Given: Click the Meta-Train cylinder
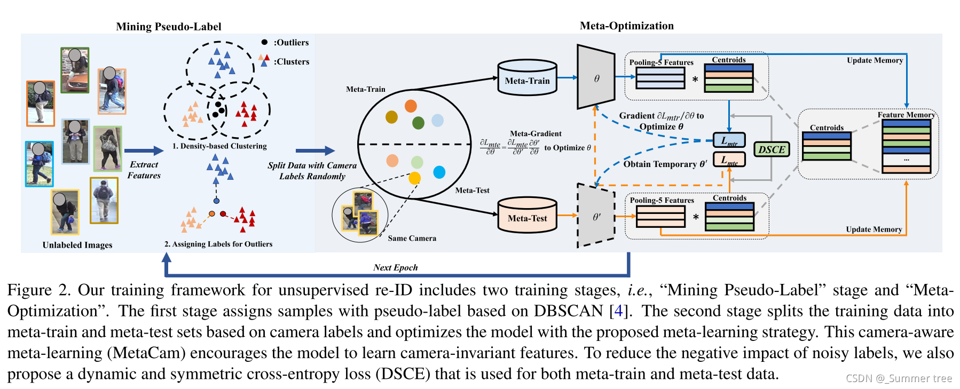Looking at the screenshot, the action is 527,78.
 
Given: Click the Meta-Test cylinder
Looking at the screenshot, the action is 527,216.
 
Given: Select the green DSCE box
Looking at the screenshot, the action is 772,149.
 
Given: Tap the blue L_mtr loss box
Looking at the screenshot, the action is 729,140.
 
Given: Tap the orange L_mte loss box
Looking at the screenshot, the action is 729,160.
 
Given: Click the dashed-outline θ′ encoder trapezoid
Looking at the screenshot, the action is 596,216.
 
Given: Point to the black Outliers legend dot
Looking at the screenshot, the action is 264,42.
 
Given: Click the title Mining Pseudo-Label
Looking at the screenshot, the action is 169,27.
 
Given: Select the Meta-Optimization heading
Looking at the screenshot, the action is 627,26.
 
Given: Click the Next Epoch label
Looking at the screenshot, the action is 395,267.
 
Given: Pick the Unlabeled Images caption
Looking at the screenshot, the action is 77,245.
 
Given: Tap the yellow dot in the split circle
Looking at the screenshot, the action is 414,178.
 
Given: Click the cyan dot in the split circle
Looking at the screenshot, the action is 439,172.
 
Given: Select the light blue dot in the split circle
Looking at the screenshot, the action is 437,120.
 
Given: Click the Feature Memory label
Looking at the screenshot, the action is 906,115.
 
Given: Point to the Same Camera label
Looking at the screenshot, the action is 412,239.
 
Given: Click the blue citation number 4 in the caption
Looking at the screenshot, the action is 618,311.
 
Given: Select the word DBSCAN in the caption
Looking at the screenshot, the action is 569,311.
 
